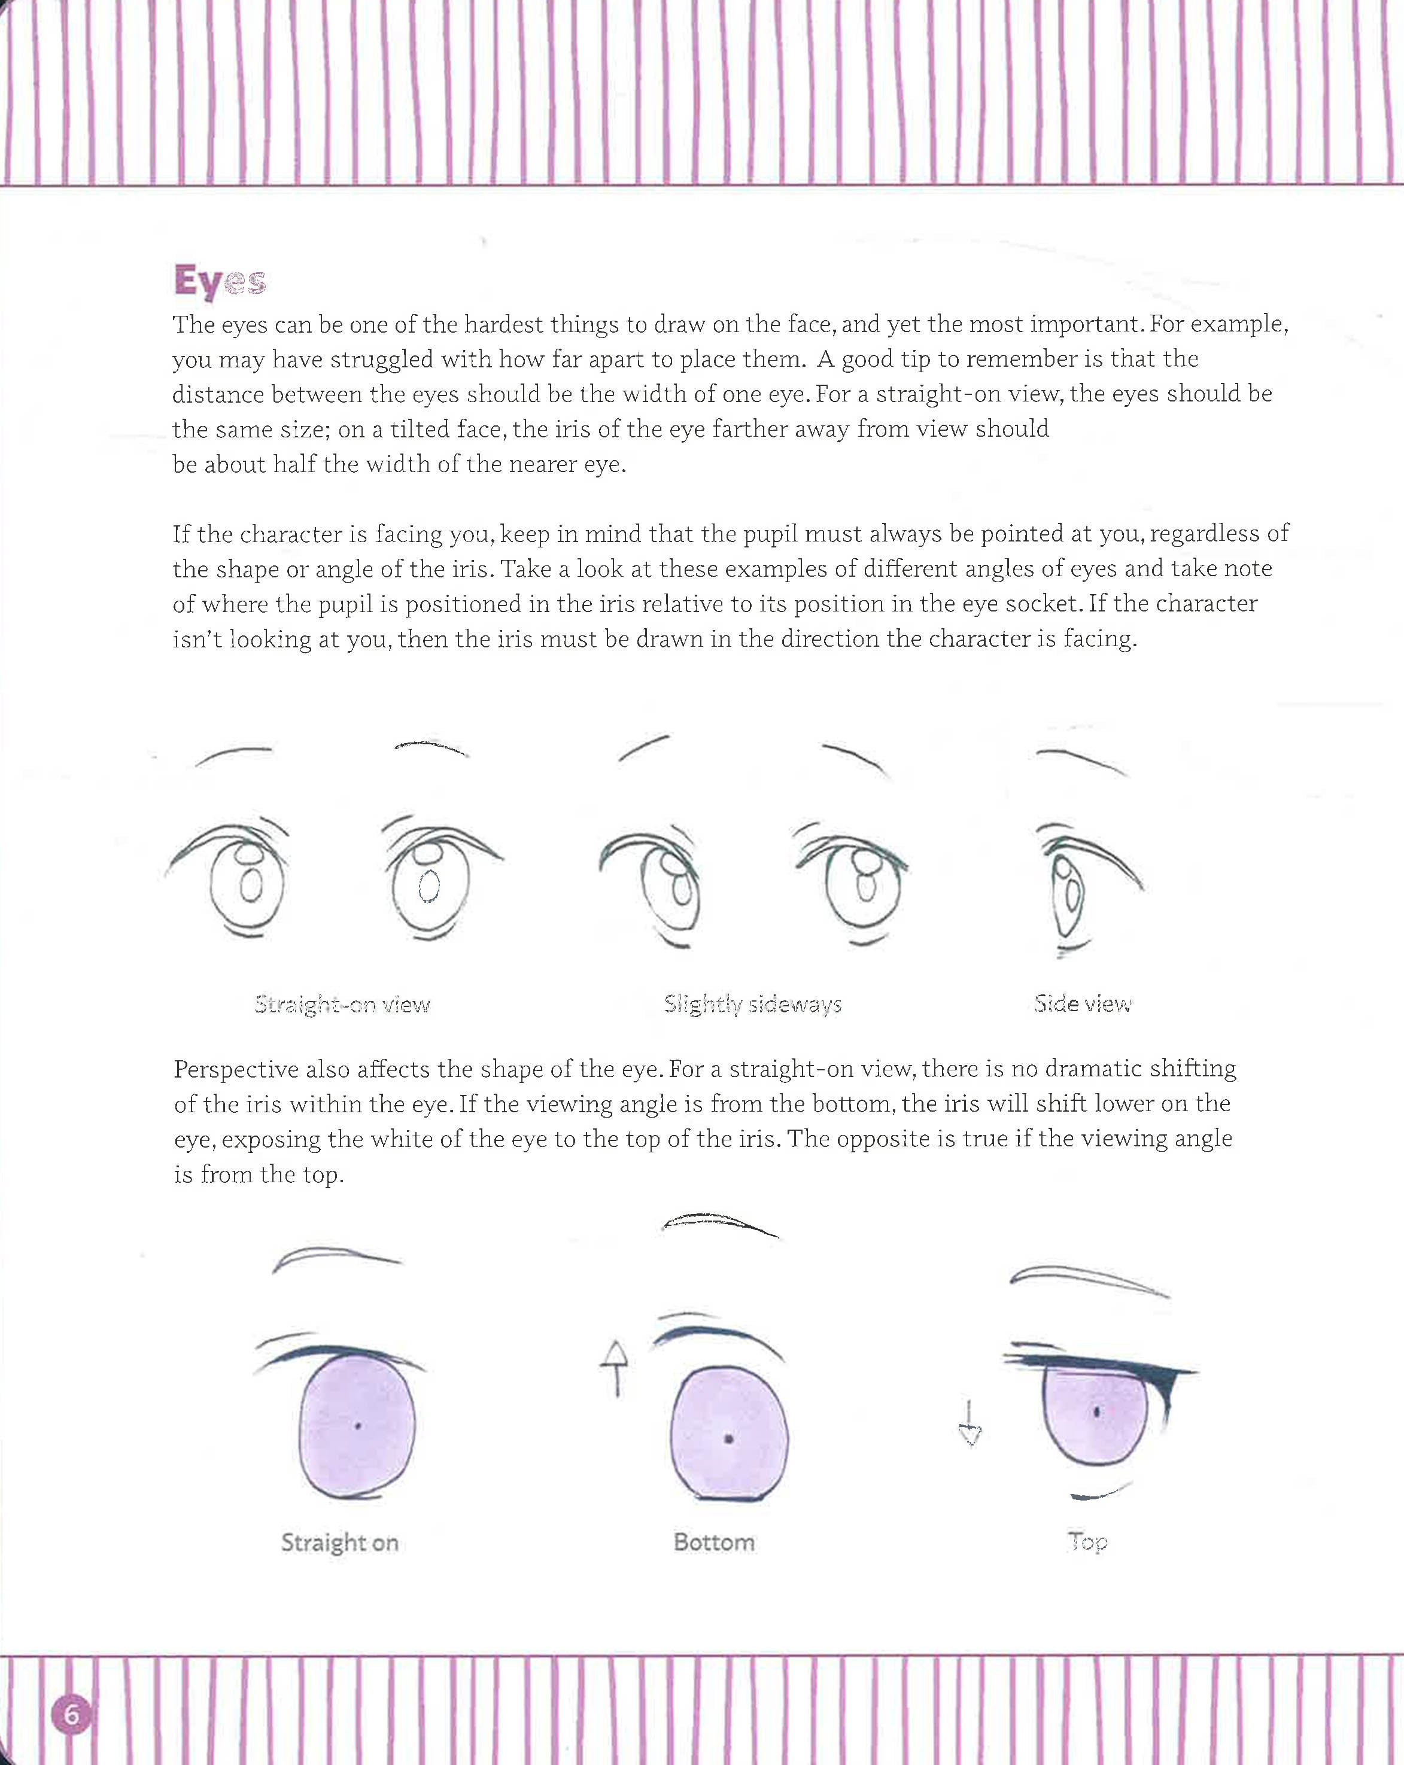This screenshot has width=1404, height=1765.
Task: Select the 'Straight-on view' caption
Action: point(342,1005)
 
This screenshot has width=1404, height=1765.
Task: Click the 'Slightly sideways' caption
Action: point(752,1005)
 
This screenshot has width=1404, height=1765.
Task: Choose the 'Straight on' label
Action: point(340,1543)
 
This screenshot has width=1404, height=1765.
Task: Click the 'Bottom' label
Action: point(714,1542)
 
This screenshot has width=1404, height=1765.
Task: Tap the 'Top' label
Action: point(1088,1542)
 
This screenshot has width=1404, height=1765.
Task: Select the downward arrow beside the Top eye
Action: point(970,1423)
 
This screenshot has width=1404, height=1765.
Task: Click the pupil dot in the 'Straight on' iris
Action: point(358,1426)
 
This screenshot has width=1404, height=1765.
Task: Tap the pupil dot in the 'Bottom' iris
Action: point(728,1438)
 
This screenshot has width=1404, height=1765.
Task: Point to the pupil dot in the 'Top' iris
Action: point(1096,1411)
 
